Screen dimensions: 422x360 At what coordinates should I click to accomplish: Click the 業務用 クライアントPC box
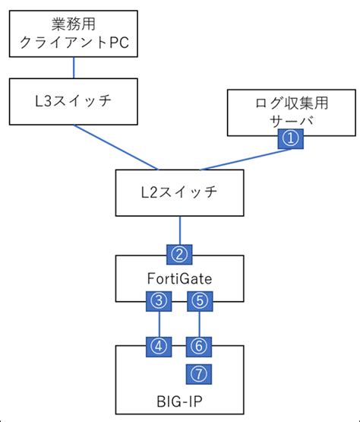[73, 33]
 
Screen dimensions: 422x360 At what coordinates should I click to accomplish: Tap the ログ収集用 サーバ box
[292, 112]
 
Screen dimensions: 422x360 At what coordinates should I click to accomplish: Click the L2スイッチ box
[179, 192]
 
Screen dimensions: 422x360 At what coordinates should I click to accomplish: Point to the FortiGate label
[179, 279]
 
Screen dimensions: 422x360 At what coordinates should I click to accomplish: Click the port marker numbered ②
[179, 253]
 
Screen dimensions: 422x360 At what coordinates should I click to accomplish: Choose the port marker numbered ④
[158, 347]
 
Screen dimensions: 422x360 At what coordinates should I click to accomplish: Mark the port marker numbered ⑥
[199, 347]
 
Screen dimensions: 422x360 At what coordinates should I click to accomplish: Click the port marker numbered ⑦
[199, 373]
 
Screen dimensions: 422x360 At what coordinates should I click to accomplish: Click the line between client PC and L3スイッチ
[73, 67]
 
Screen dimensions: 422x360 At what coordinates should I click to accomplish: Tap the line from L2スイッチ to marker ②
[179, 229]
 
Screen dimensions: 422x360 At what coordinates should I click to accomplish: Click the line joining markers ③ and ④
[158, 324]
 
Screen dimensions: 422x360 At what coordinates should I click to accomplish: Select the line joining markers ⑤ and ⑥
[199, 324]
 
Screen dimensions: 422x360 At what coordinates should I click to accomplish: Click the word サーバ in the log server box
[292, 119]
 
